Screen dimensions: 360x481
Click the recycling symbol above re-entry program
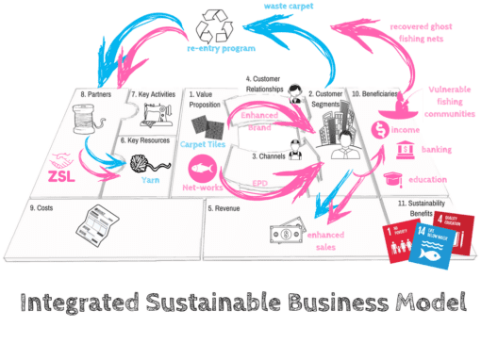(214, 23)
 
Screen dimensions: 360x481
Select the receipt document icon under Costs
(102, 224)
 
